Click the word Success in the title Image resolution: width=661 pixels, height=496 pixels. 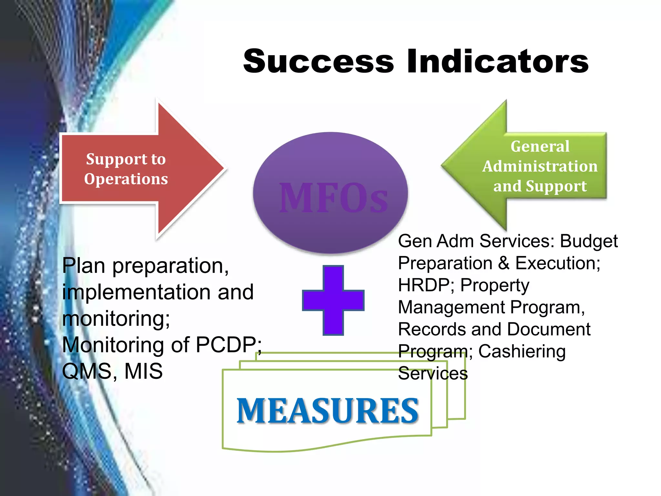click(x=319, y=61)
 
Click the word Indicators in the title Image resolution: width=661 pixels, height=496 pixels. click(x=497, y=61)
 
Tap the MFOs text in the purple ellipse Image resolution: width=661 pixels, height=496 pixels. click(x=333, y=198)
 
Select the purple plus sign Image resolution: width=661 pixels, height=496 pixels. click(x=333, y=300)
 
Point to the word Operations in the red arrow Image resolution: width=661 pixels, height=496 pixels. click(x=126, y=179)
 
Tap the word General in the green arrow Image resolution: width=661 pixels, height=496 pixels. click(x=540, y=146)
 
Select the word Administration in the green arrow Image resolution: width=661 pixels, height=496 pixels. click(x=540, y=166)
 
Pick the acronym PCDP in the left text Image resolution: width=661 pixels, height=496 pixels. click(x=226, y=345)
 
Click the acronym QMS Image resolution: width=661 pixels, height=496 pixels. click(x=86, y=371)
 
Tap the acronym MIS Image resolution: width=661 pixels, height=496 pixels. click(x=143, y=371)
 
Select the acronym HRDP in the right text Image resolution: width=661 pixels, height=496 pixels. click(x=424, y=285)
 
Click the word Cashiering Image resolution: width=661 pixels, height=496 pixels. click(x=522, y=352)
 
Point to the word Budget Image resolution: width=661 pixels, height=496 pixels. click(x=588, y=241)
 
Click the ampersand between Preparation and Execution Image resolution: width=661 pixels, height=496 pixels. click(x=503, y=263)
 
